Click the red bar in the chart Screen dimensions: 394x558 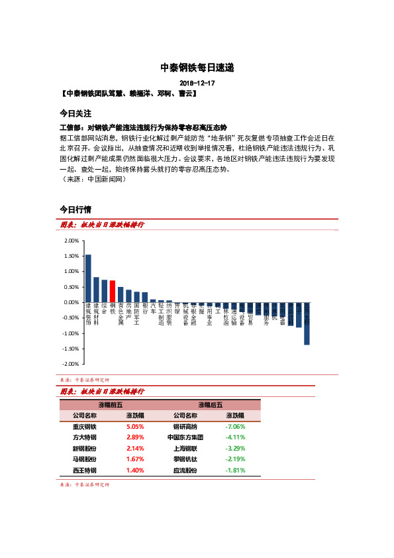pos(113,292)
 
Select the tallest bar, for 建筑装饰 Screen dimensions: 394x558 pos(88,278)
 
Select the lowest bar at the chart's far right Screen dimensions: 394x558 pos(307,323)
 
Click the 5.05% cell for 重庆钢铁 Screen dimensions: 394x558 pos(135,427)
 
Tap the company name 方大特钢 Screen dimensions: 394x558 pos(85,437)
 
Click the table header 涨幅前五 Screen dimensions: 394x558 pos(110,404)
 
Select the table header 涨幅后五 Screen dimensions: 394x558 pos(210,404)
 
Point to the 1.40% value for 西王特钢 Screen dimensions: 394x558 pos(135,470)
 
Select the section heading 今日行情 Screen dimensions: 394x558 pos(75,209)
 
